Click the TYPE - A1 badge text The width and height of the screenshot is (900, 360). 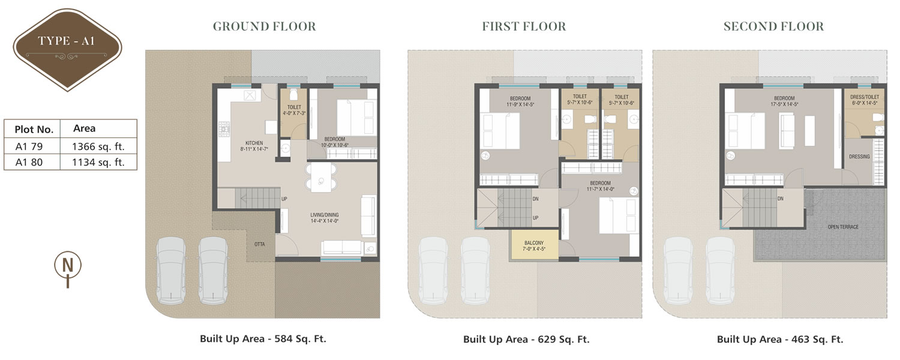66,41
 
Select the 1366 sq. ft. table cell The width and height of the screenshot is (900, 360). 98,146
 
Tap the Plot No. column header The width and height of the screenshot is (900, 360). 34,130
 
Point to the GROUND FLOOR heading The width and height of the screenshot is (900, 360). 265,26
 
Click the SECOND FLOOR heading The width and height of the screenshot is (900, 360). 773,26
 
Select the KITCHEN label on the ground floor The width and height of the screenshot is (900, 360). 254,143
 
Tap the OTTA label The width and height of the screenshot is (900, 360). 260,244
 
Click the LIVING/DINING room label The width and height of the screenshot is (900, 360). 325,215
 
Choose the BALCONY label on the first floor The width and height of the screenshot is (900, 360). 534,243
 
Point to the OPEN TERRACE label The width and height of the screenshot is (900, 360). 843,227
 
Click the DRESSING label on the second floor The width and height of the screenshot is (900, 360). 859,157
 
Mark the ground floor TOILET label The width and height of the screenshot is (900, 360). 294,107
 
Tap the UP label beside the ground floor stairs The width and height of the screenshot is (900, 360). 284,199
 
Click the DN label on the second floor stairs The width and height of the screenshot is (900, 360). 780,199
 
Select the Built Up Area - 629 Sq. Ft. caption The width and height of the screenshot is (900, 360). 526,340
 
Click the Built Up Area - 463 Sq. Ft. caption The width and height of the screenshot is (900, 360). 780,340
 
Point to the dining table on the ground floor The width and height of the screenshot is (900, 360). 321,177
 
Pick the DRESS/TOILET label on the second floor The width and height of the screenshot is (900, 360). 865,97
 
